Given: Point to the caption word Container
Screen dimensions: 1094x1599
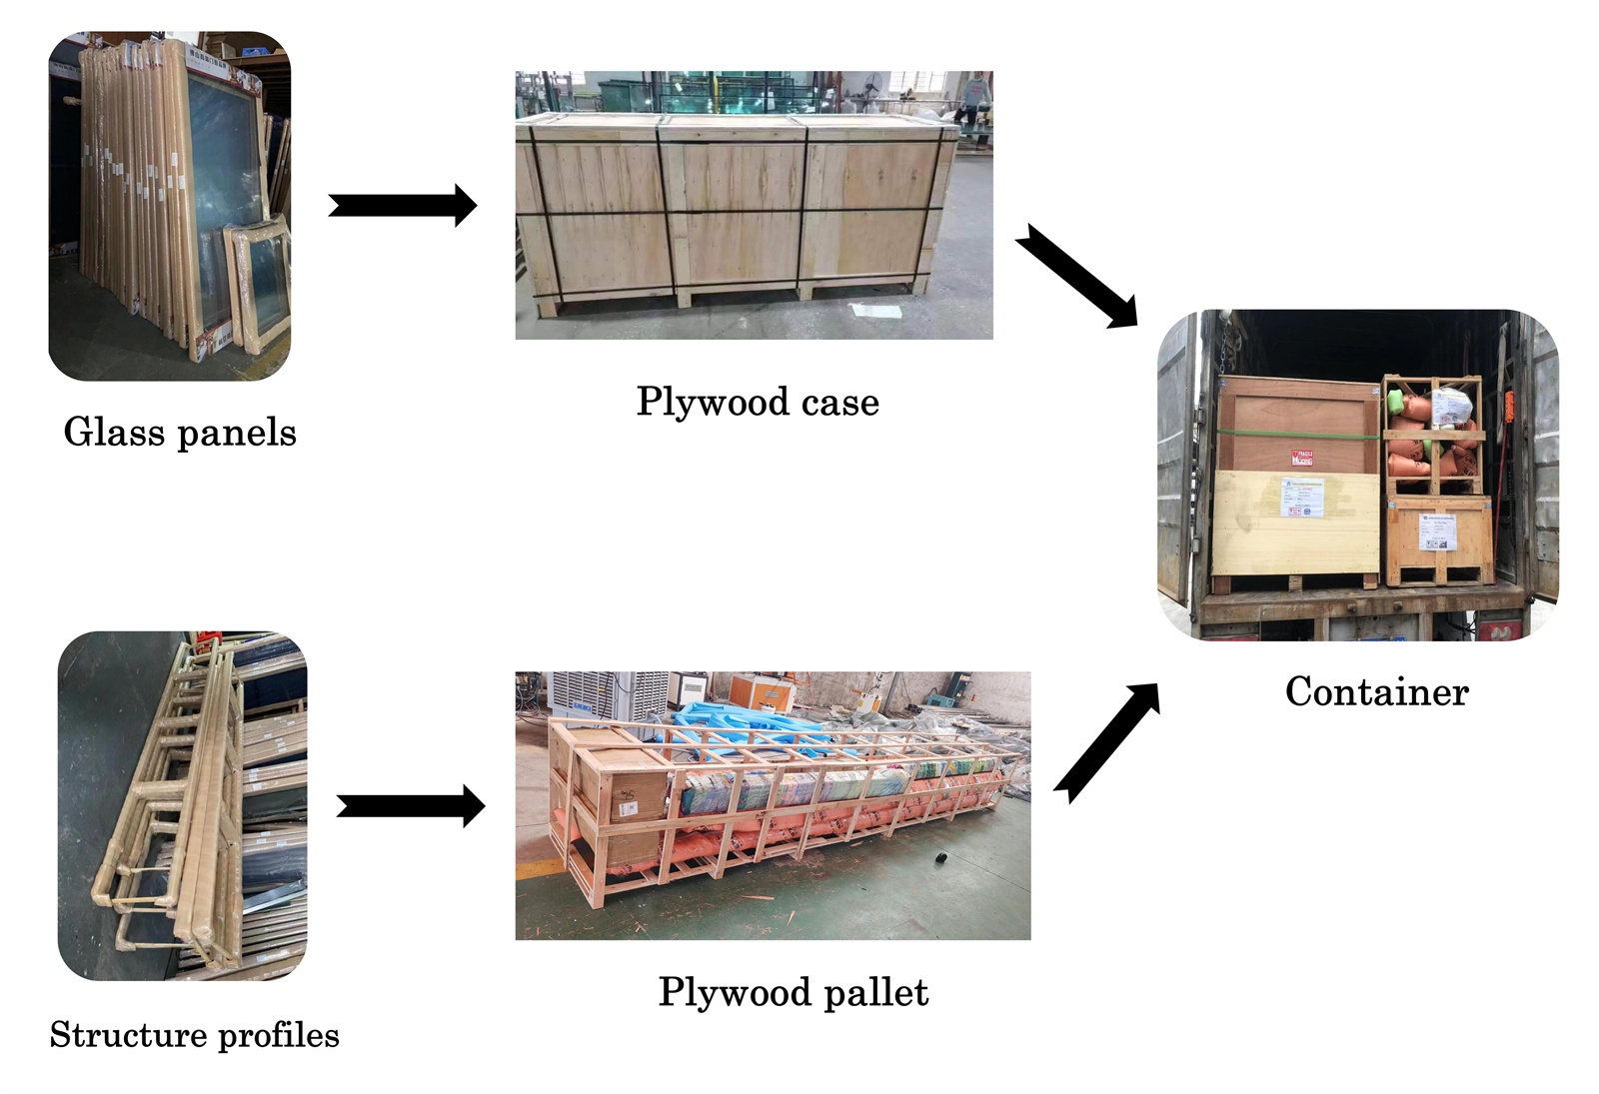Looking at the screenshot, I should [1376, 691].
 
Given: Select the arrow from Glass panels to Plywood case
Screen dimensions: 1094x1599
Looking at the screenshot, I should [402, 206].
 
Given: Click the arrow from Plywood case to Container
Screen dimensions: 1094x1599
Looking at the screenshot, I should [1077, 275].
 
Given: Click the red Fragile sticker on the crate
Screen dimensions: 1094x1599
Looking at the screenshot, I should [1301, 459].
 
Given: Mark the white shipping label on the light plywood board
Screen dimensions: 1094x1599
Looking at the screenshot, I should [1302, 497].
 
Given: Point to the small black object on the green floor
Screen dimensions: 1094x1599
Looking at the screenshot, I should [942, 860].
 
